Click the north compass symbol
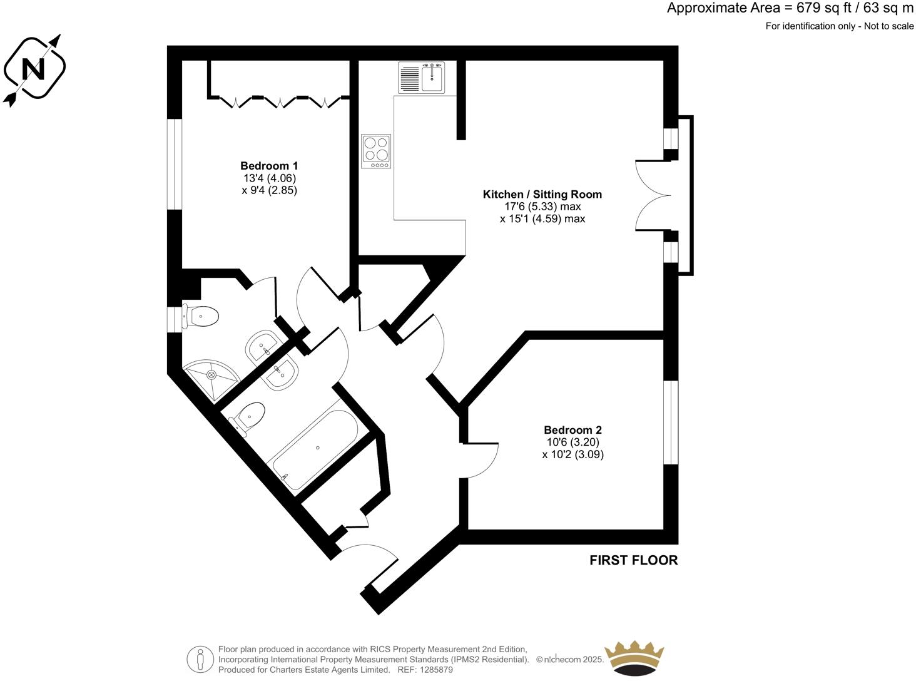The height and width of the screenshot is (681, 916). point(34,68)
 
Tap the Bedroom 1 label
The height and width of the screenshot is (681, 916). point(269,166)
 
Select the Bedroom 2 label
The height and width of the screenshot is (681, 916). point(572,430)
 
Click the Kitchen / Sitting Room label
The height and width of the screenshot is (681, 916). point(542,195)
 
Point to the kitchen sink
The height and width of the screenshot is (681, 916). point(421,78)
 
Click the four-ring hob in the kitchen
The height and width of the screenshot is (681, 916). point(376,151)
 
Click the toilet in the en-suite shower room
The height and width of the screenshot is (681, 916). point(201,316)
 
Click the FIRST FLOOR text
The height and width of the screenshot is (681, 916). point(633,560)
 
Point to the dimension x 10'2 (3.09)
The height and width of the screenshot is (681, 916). point(572,454)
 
